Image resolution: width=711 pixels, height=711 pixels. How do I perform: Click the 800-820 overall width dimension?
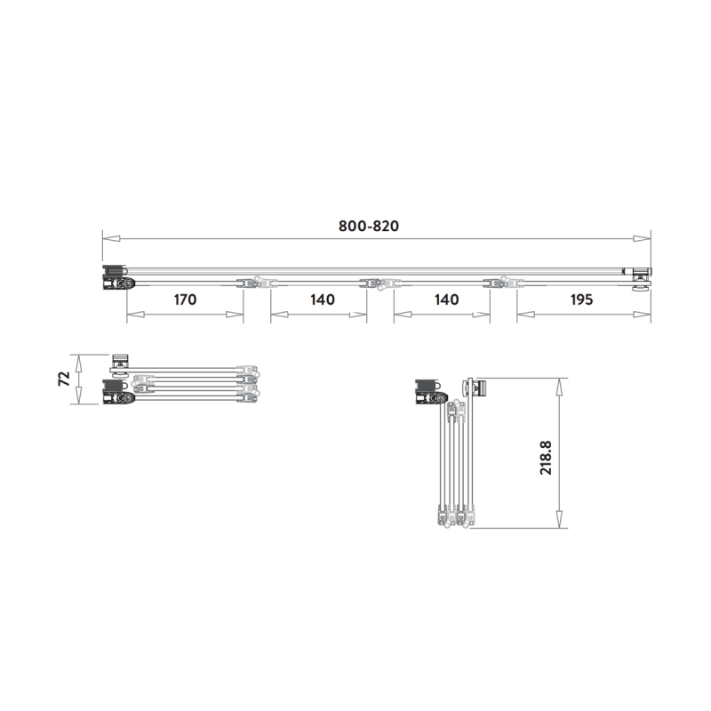pos(369,226)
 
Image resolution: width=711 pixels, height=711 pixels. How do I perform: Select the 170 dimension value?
pos(184,300)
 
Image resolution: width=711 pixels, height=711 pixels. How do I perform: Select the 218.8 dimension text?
pos(547,454)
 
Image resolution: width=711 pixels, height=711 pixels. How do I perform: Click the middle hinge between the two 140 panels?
pos(380,283)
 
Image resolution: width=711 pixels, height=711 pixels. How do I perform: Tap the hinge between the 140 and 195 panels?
pos(504,283)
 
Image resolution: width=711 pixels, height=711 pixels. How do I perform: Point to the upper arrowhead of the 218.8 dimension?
pos(559,383)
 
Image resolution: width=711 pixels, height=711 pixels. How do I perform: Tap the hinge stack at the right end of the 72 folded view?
pos(249,380)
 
